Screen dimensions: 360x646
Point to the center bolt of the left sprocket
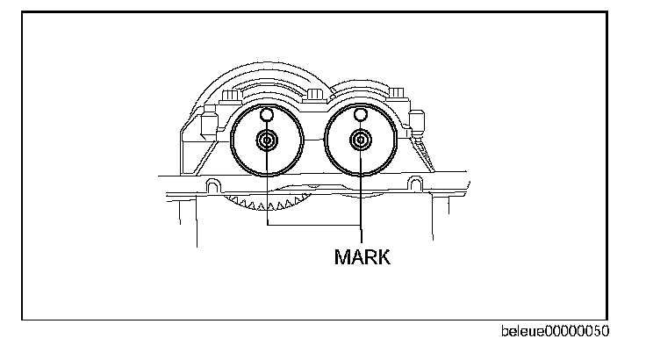pyautogui.click(x=267, y=141)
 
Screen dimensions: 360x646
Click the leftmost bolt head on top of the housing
pyautogui.click(x=233, y=95)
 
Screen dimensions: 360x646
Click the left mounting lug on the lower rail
pyautogui.click(x=212, y=185)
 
